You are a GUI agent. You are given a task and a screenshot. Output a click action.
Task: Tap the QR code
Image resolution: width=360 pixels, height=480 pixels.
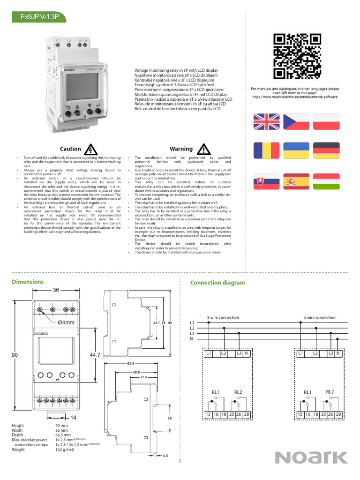tap(297, 57)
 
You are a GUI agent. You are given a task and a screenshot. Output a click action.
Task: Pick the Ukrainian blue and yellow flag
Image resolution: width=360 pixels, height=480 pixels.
tap(296, 150)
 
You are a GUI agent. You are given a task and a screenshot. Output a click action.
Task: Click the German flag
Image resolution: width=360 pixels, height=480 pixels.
tap(327, 150)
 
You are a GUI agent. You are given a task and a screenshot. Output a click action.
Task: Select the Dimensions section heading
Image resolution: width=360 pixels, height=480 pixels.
tap(28, 282)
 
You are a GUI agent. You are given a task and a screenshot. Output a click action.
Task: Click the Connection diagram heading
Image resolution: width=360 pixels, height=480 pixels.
tap(217, 283)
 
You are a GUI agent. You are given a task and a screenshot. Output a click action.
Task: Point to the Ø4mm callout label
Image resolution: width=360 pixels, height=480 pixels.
tap(66, 322)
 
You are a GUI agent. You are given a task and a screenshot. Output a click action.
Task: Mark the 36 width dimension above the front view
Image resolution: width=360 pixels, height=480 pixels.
tap(56, 290)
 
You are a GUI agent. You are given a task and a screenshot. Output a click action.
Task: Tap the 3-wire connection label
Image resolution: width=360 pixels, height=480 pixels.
tap(223, 317)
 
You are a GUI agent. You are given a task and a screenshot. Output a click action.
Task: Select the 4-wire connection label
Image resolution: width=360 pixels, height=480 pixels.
tap(320, 317)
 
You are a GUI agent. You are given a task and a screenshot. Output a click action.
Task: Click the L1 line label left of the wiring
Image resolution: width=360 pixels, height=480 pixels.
tap(191, 323)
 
